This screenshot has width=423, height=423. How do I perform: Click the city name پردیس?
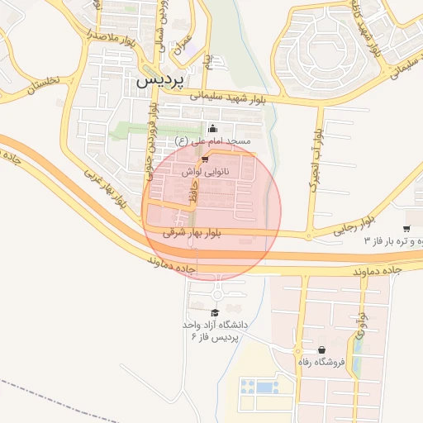click(154, 81)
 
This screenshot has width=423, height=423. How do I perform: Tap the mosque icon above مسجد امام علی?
click(213, 128)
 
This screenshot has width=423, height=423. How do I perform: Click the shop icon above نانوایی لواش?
click(205, 159)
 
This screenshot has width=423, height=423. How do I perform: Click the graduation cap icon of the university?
click(216, 312)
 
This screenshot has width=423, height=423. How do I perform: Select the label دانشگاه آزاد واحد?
click(215, 325)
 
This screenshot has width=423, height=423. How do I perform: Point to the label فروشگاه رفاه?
click(318, 362)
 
